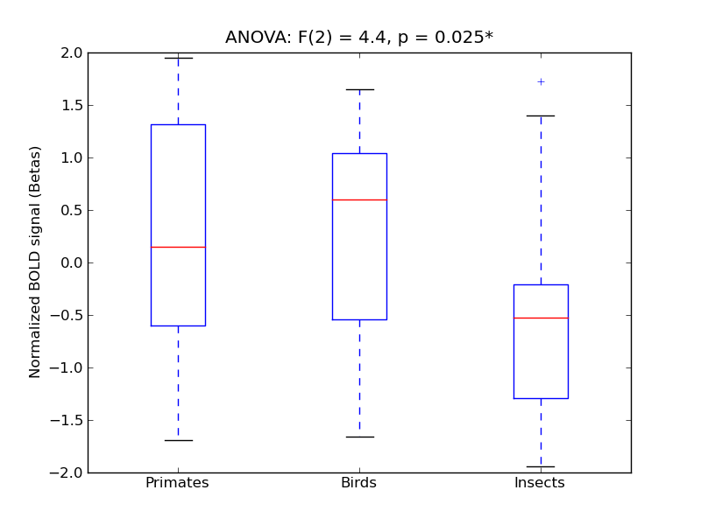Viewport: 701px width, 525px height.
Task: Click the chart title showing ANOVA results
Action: [359, 38]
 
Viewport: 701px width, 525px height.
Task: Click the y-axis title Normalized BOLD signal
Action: [35, 262]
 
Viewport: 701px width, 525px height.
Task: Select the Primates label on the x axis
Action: [177, 483]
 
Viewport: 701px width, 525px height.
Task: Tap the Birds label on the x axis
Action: [358, 483]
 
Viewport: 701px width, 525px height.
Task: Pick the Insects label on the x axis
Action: [539, 483]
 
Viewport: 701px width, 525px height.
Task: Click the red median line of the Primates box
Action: [178, 247]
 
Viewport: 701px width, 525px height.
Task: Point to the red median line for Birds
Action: [359, 199]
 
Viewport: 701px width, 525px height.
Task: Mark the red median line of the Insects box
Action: [541, 318]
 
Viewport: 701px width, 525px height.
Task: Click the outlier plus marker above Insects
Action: [541, 81]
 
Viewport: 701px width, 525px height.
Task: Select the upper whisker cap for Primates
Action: [178, 58]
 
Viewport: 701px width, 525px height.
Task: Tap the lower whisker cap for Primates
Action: [178, 440]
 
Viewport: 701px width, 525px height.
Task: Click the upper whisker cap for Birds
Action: [359, 89]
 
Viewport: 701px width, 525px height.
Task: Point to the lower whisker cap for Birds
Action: [359, 437]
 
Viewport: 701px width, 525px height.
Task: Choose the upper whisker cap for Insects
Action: [541, 115]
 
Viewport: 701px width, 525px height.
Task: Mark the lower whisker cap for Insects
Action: [541, 466]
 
